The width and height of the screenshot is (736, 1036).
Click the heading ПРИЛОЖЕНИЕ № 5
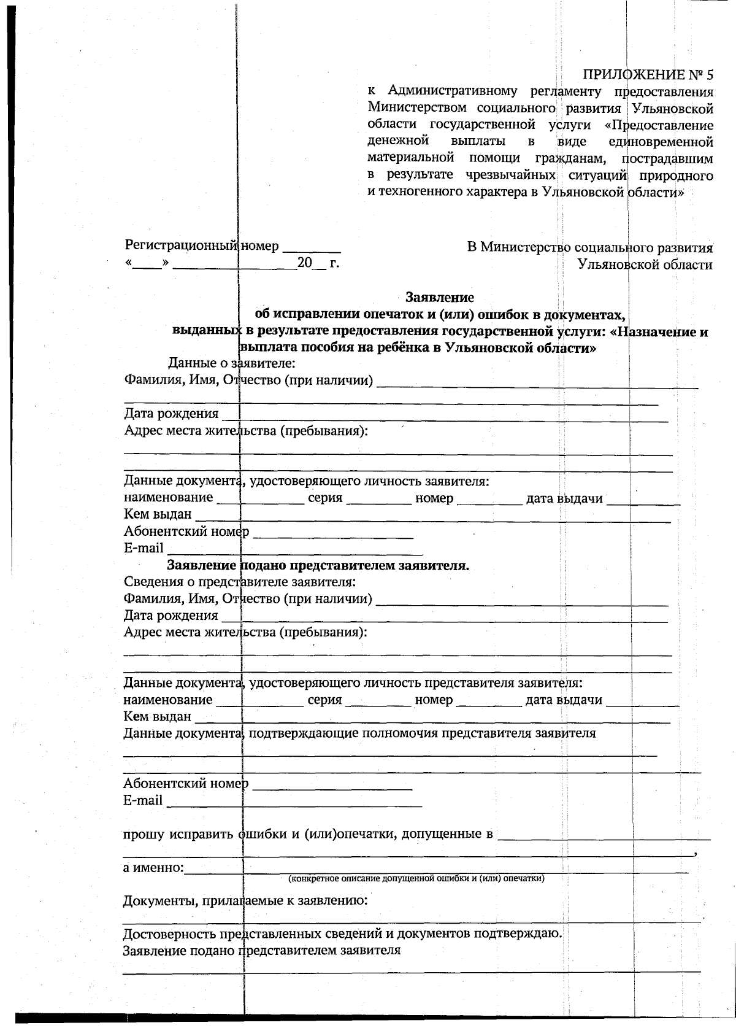pyautogui.click(x=648, y=75)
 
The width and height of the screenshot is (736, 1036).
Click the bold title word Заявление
pyautogui.click(x=439, y=298)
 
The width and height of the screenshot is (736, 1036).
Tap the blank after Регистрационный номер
pyautogui.click(x=311, y=248)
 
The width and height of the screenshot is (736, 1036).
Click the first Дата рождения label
pyautogui.click(x=171, y=414)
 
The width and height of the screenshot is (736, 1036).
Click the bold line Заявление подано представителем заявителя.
pyautogui.click(x=318, y=565)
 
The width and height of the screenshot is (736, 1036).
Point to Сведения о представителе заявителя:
pyautogui.click(x=240, y=581)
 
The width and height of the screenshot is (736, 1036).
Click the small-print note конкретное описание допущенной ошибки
pyautogui.click(x=416, y=878)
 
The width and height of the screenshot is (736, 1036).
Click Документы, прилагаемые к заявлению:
pyautogui.click(x=245, y=901)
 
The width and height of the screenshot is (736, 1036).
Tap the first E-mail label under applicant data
pyautogui.click(x=144, y=547)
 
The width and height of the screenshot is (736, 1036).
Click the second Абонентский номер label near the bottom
pyautogui.click(x=185, y=784)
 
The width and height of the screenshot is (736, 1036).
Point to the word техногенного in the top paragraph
pyautogui.click(x=418, y=192)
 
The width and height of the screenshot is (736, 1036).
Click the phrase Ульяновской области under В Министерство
pyautogui.click(x=645, y=265)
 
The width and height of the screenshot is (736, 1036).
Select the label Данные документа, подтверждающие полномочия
pyautogui.click(x=359, y=733)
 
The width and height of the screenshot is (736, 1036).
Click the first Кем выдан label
pyautogui.click(x=157, y=514)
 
